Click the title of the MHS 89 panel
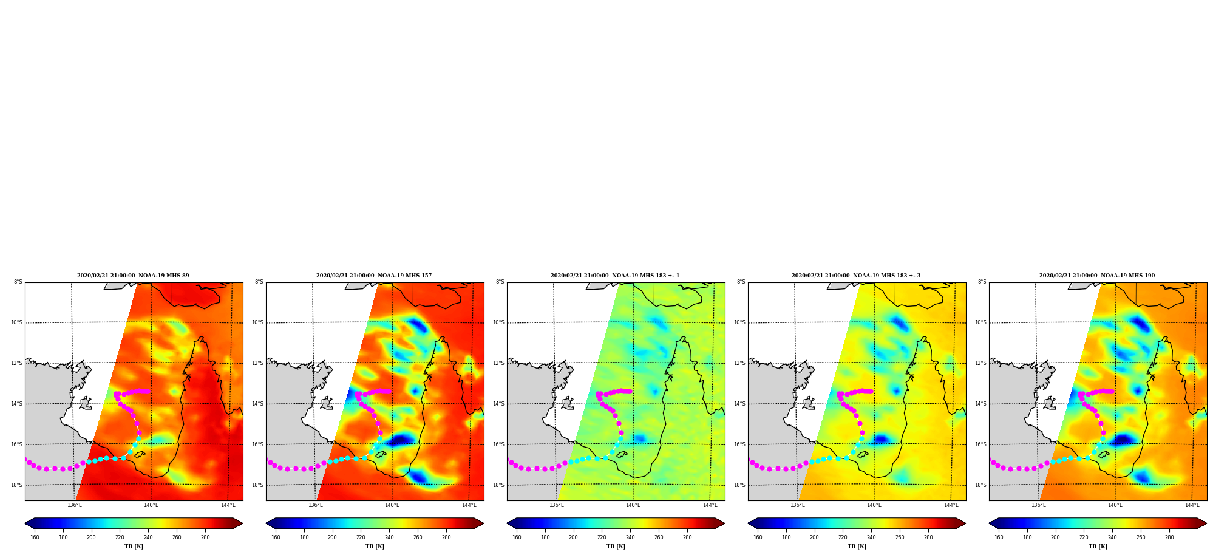[x=133, y=276]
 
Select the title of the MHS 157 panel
[x=374, y=276]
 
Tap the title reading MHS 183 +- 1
[x=615, y=276]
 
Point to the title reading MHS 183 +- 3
[x=856, y=276]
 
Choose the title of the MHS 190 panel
[x=1097, y=276]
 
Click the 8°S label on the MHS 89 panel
[x=18, y=282]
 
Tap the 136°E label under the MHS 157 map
[x=316, y=505]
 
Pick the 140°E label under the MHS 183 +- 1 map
[x=633, y=505]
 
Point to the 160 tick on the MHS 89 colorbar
[x=35, y=537]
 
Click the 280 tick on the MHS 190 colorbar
[x=1169, y=537]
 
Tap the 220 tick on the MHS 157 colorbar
[x=361, y=537]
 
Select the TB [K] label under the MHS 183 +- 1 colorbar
[x=616, y=546]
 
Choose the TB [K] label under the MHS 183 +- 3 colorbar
[x=857, y=546]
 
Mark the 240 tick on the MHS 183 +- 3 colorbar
[x=871, y=537]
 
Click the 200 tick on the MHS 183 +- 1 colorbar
[x=573, y=537]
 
